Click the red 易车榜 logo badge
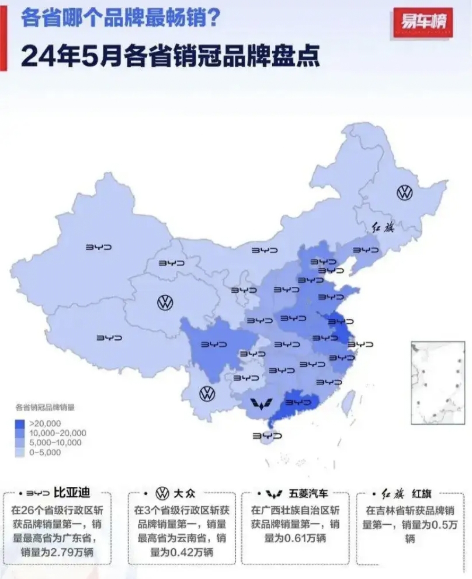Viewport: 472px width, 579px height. [x=423, y=22]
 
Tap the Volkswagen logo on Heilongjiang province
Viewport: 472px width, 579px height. [x=405, y=192]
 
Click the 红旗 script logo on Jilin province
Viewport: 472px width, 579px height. [x=383, y=227]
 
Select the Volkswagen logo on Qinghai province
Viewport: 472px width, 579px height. [x=165, y=302]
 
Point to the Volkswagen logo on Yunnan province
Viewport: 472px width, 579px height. [x=207, y=394]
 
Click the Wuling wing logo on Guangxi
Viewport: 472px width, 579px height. [x=261, y=404]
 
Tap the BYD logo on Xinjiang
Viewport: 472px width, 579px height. [x=99, y=248]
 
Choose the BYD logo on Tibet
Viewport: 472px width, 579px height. [x=109, y=338]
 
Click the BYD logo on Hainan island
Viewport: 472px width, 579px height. [x=267, y=436]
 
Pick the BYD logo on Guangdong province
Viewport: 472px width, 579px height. [x=298, y=402]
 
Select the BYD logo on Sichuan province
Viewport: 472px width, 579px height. [x=214, y=345]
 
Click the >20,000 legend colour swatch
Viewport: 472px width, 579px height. [x=20, y=423]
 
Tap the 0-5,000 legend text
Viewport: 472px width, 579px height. [x=45, y=453]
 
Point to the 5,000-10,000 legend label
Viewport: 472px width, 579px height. [x=55, y=443]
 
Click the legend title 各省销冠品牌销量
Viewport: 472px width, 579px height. [x=45, y=408]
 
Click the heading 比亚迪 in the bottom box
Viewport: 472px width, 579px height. [x=72, y=493]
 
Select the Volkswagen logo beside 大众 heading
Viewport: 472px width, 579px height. [x=162, y=494]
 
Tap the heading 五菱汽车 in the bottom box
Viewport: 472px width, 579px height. [x=308, y=494]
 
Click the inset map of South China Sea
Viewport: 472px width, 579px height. [x=437, y=383]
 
